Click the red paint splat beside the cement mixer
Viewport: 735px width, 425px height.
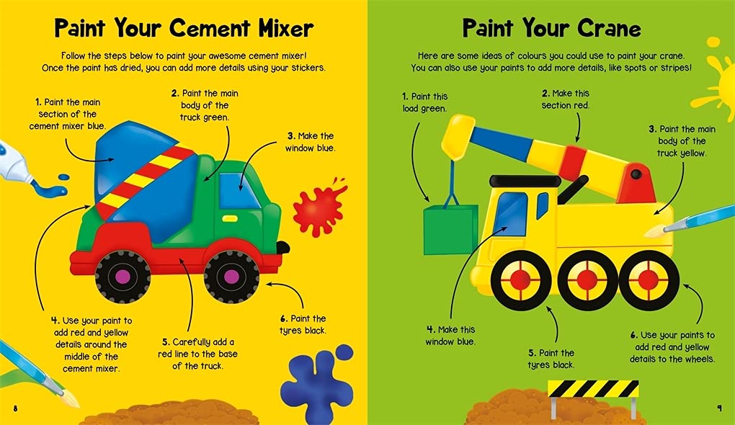[318, 206]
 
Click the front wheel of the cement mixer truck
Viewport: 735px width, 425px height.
[231, 277]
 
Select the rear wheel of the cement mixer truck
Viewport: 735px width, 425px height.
[122, 277]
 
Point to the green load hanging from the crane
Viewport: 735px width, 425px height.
[450, 230]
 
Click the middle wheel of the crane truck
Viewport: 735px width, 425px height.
[587, 280]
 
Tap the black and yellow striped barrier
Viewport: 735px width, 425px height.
[593, 389]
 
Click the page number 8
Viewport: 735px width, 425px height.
[15, 408]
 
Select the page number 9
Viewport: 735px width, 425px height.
[720, 408]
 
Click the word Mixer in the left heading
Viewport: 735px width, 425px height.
[286, 28]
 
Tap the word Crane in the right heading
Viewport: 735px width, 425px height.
[609, 28]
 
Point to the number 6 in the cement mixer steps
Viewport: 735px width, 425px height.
[284, 319]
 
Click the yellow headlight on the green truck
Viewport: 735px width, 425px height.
[230, 219]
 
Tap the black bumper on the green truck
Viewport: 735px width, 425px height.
[282, 247]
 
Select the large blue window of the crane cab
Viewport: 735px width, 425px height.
[510, 214]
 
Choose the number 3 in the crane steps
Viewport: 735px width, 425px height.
[652, 129]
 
